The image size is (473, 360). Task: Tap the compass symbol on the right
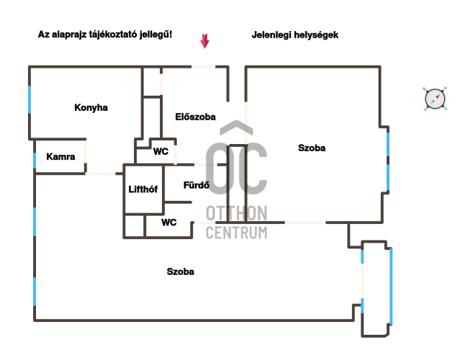pos(434,99)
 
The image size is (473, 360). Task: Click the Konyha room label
pos(91,108)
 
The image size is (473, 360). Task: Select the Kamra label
pos(60,156)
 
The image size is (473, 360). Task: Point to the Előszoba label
pos(195,117)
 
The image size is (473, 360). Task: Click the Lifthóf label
pos(143,190)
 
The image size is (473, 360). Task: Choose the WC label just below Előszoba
pos(161,152)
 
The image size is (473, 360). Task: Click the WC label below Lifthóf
pos(169,222)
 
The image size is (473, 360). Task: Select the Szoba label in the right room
pos(312,148)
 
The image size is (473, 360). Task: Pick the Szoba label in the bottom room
pos(180,272)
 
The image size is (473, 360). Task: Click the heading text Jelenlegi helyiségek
pos(295,35)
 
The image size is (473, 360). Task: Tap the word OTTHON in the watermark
pos(236,213)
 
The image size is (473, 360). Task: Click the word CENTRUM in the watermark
pos(236,233)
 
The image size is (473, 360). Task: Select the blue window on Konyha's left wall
pos(30,99)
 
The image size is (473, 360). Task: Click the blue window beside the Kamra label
pos(34,159)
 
